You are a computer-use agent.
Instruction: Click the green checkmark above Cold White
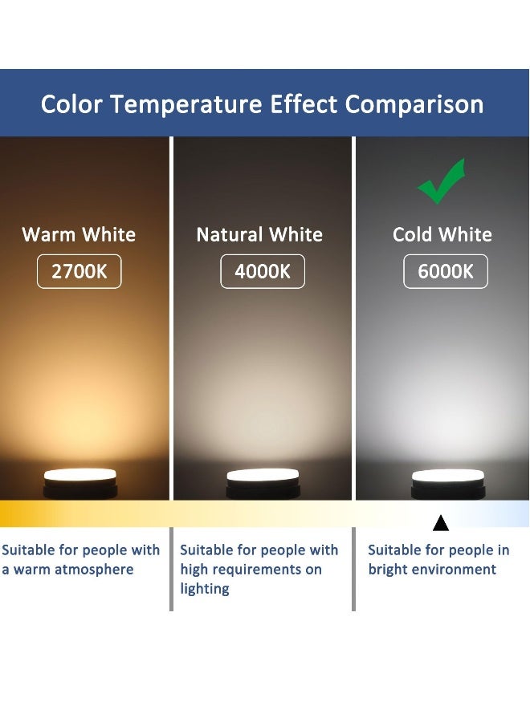[441, 182]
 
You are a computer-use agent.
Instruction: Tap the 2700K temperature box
[79, 271]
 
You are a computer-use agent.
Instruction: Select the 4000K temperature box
[263, 271]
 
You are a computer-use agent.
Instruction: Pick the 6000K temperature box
[446, 271]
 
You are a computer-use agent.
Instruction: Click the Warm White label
[79, 235]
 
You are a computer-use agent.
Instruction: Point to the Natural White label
[259, 235]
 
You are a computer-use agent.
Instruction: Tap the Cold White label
[442, 235]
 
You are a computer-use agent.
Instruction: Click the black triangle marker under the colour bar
[440, 524]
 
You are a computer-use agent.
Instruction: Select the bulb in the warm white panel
[80, 480]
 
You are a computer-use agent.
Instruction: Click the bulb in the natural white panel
[263, 480]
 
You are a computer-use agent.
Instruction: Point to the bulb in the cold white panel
[448, 480]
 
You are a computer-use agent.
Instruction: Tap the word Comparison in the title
[414, 104]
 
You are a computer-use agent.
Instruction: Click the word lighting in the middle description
[205, 589]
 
